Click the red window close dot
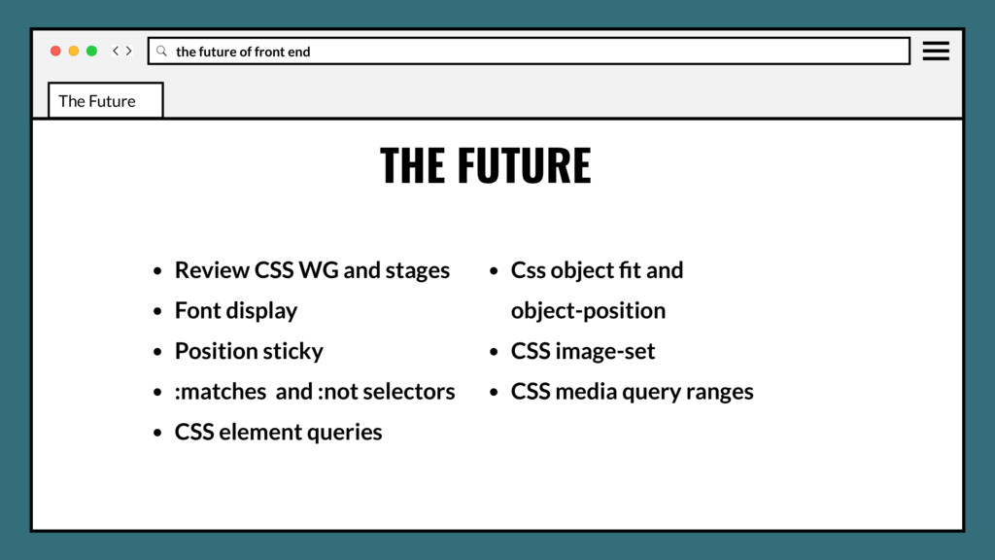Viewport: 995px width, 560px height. (55, 51)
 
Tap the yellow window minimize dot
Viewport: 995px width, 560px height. (74, 51)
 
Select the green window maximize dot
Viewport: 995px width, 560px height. (91, 51)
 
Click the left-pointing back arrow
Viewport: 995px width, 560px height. (116, 51)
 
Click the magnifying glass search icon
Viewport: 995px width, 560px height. (161, 51)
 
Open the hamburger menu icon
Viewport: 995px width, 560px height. (936, 51)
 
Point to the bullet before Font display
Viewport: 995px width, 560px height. (157, 312)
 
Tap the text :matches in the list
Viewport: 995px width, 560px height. (220, 392)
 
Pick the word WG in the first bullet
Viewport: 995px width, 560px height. (319, 270)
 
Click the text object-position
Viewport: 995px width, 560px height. (588, 311)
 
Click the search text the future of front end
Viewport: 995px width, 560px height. (243, 52)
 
